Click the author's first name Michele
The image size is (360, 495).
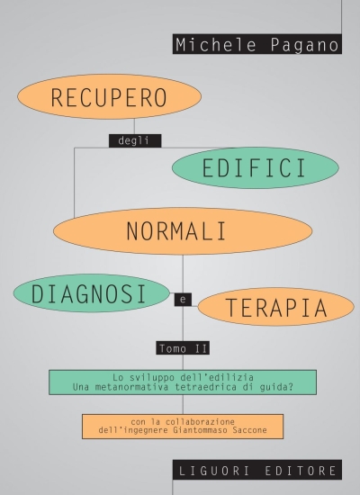tap(216, 44)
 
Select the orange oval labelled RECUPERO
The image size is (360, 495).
tap(109, 96)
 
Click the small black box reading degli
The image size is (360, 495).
tap(135, 140)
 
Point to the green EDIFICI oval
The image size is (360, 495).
tap(256, 168)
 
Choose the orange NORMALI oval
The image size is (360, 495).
tap(183, 230)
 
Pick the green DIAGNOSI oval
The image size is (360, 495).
tap(92, 293)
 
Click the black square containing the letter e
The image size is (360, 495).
tap(183, 300)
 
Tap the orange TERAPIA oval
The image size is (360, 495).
tap(276, 307)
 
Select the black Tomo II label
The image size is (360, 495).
tap(183, 348)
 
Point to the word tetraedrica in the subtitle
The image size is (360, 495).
tap(205, 387)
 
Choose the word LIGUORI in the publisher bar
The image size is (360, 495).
tap(214, 471)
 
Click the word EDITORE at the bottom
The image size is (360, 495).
tap(301, 471)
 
